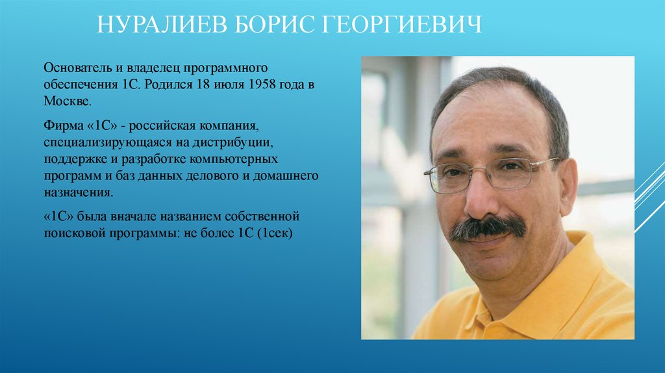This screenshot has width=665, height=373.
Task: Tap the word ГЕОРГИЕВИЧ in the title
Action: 402,27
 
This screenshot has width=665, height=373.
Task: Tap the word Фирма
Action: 60,123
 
